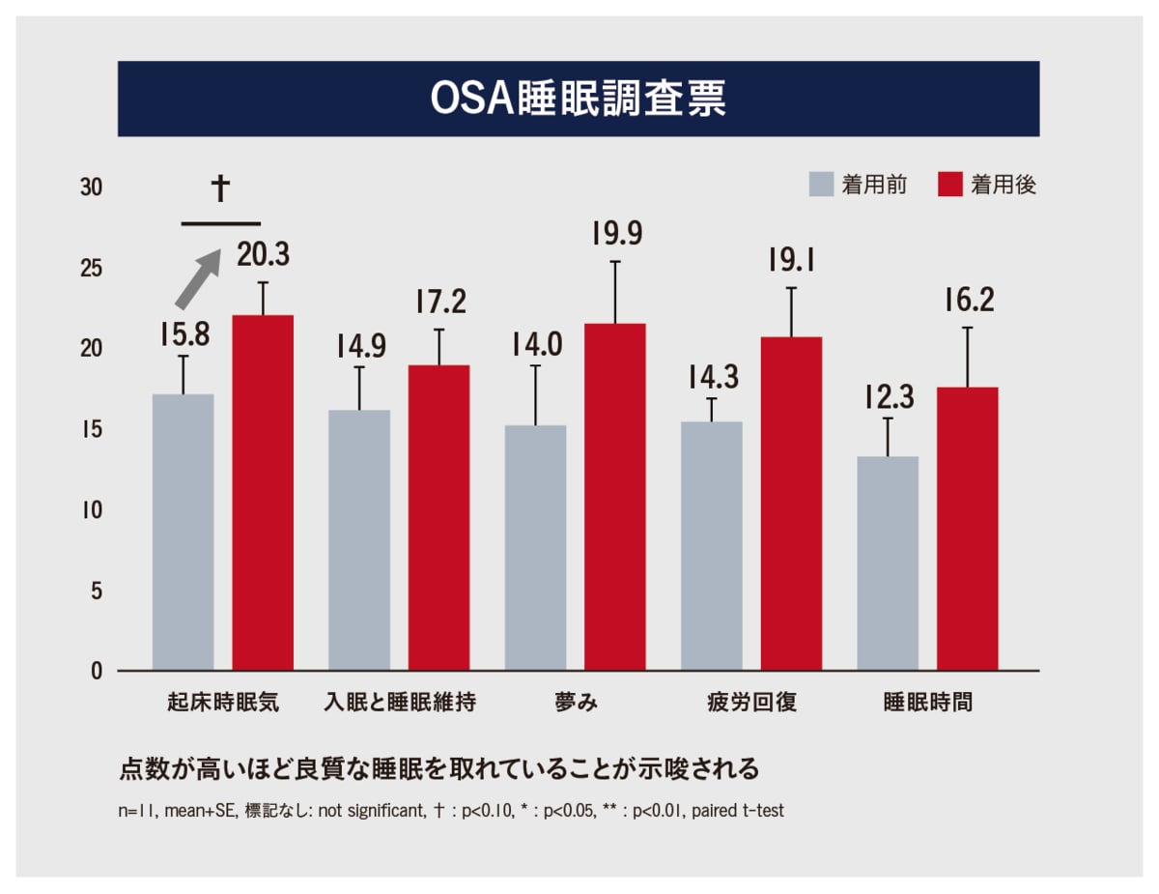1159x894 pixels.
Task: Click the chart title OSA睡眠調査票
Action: coord(578,100)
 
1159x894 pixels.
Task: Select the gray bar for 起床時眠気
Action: coord(184,532)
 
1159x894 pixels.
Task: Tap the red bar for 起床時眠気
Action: coord(263,493)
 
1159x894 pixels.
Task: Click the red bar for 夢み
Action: coord(615,497)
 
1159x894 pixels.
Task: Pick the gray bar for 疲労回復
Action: coord(711,546)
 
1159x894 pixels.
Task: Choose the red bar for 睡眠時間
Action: coord(967,529)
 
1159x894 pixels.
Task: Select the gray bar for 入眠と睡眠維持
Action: coord(359,539)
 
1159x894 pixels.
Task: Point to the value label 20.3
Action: coord(263,256)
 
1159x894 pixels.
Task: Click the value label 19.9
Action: coord(615,235)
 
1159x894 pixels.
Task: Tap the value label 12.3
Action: coord(888,396)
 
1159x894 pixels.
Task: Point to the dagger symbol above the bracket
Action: coord(220,188)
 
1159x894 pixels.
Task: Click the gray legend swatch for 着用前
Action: coord(821,185)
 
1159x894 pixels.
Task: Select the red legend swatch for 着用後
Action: coord(950,185)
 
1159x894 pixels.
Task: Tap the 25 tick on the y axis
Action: coord(91,268)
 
